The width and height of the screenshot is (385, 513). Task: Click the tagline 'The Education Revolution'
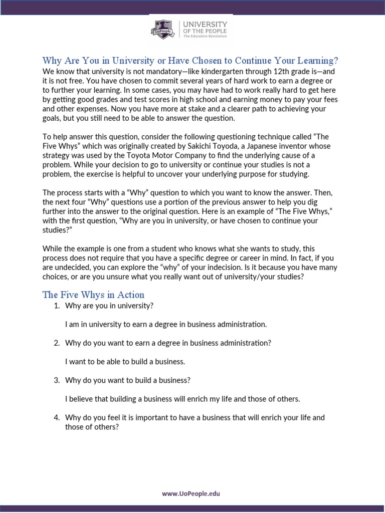(205, 37)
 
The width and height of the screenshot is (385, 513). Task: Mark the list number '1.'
(57, 306)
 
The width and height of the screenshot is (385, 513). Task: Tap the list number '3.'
(57, 380)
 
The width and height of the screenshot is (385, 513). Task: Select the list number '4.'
(57, 418)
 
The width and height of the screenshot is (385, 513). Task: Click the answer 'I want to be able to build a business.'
(125, 362)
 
